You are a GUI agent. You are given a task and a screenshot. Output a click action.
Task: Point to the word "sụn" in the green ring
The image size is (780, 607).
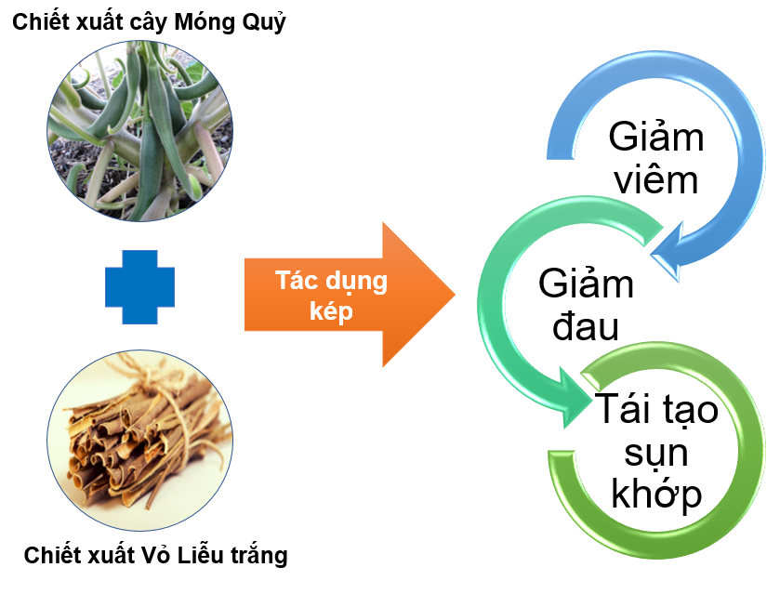656,452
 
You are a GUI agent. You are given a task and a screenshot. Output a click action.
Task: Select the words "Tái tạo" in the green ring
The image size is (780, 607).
656,409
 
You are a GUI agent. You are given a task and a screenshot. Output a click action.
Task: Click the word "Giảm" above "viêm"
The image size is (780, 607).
656,137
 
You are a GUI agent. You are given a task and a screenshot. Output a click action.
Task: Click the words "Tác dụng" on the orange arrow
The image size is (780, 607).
330,282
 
